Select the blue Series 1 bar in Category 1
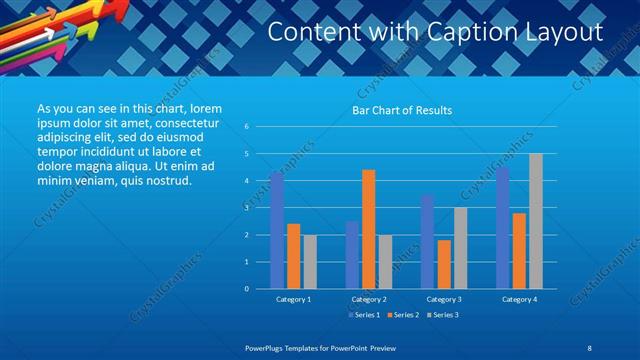[x=277, y=230]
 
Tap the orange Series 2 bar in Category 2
[x=368, y=229]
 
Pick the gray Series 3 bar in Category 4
[x=536, y=221]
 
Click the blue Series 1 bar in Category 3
[x=427, y=241]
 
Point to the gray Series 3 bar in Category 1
[x=310, y=261]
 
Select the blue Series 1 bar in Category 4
[x=502, y=228]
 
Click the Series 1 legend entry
[x=363, y=315]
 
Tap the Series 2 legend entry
[x=402, y=315]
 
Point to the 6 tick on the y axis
[x=246, y=127]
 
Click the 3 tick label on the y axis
[x=246, y=208]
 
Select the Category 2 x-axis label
[x=369, y=299]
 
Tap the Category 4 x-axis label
[x=519, y=299]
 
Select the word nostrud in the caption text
[x=165, y=180]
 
